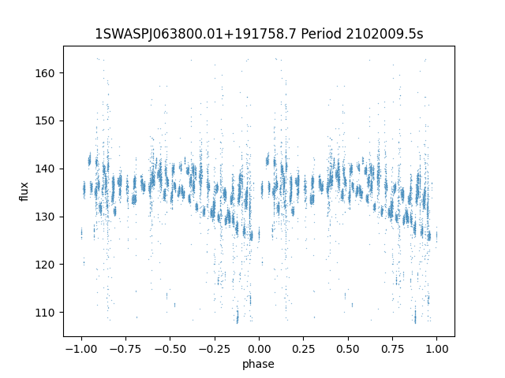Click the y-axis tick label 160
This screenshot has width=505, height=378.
click(x=45, y=73)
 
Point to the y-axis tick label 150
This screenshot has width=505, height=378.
click(x=45, y=120)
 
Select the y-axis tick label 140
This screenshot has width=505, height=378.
click(x=45, y=169)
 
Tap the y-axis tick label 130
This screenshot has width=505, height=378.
click(x=45, y=217)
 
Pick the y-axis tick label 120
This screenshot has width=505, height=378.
click(x=45, y=265)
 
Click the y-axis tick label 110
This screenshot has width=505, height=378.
click(x=45, y=313)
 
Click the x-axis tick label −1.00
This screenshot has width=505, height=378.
click(x=81, y=349)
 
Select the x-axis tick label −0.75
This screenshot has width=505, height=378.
click(x=125, y=349)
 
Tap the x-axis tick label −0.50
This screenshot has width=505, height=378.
click(x=170, y=349)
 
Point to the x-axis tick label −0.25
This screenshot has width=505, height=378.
click(x=215, y=349)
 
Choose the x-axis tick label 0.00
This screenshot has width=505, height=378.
click(x=259, y=349)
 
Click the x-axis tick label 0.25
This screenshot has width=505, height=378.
click(x=303, y=349)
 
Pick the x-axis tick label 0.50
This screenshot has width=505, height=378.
click(x=348, y=349)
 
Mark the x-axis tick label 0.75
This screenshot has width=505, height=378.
click(x=392, y=349)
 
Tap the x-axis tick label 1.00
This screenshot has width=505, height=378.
click(x=436, y=349)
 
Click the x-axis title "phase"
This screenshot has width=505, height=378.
click(x=258, y=365)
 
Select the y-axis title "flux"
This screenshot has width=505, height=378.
click(x=24, y=191)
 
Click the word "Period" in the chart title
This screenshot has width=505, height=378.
click(x=321, y=34)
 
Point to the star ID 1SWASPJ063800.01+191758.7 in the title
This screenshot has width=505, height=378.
click(x=196, y=34)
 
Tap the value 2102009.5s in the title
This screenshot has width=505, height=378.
click(x=384, y=34)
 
